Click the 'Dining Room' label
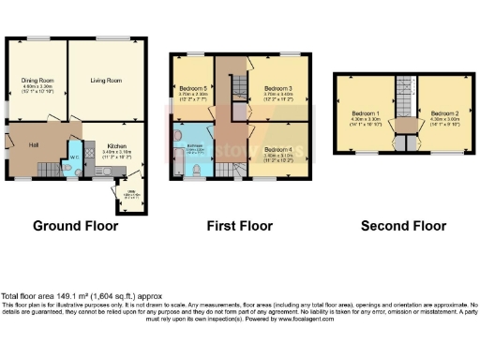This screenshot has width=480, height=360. tap(37, 82)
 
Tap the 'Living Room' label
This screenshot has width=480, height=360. tap(106, 82)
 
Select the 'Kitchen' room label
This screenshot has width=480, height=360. tap(117, 147)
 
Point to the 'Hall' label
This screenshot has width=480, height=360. tap(33, 145)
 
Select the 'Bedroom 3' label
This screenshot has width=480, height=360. tap(277, 89)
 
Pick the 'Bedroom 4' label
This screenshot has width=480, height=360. tap(278, 150)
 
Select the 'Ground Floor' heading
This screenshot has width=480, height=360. tap(76, 226)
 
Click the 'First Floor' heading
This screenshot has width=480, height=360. tap(239, 226)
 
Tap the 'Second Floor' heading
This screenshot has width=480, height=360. tap(403, 226)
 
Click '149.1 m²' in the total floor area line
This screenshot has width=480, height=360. tap(69, 295)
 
